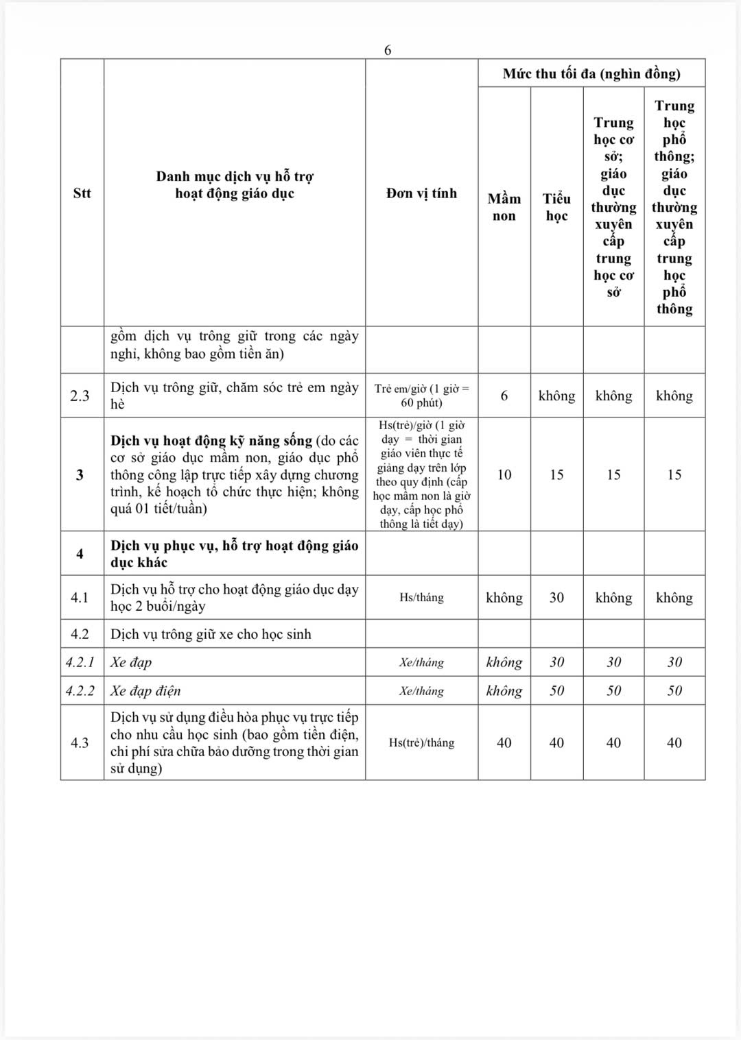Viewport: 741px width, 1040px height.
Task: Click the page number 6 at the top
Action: click(388, 50)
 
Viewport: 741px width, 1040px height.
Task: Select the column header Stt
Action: click(82, 193)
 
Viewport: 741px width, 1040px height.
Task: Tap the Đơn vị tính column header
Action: click(421, 193)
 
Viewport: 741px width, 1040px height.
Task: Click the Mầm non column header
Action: click(504, 207)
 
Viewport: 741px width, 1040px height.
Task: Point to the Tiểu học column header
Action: click(556, 207)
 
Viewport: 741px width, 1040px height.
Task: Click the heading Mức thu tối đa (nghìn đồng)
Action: click(591, 73)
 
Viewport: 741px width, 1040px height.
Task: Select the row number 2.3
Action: click(80, 396)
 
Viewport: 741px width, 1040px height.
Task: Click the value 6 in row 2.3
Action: click(504, 396)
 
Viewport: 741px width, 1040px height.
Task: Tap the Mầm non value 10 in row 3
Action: click(504, 474)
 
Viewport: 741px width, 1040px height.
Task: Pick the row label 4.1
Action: click(80, 598)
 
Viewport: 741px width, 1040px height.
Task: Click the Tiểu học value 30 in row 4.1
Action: click(556, 598)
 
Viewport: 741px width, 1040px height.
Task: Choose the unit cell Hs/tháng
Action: click(421, 598)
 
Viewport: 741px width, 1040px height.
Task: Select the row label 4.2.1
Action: click(80, 662)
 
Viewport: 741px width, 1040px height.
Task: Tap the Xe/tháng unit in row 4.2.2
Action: click(421, 691)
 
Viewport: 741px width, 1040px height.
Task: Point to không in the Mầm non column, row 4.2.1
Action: click(504, 662)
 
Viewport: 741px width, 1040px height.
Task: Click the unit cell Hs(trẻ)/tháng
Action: click(421, 742)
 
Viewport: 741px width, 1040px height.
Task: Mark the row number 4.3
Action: click(80, 742)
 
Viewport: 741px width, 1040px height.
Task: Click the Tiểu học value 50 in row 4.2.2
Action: click(556, 690)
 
